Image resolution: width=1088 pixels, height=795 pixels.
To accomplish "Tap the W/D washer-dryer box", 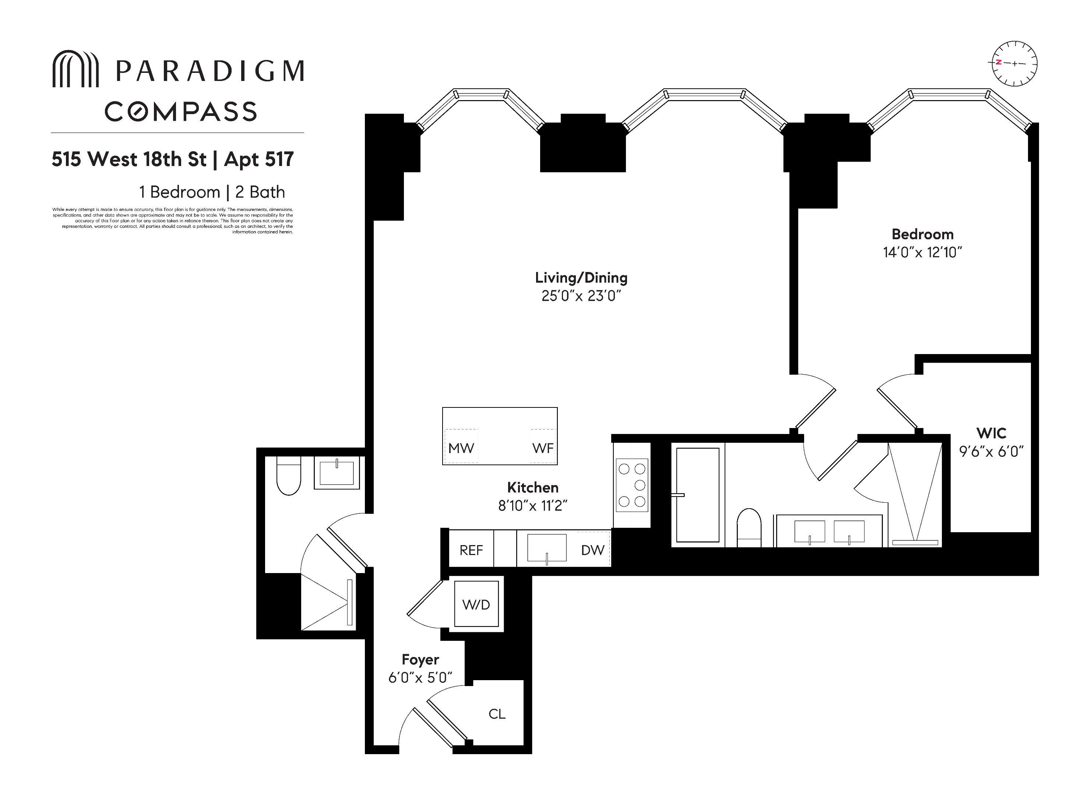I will tap(476, 604).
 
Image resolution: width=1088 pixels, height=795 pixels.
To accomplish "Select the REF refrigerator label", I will tap(471, 550).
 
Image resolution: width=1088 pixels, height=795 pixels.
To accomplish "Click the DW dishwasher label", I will tap(592, 550).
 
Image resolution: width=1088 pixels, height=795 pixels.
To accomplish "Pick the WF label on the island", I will tap(543, 448).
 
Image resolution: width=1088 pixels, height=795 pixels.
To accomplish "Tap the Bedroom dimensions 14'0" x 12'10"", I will tap(922, 252).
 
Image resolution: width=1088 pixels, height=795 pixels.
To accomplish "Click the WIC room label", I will tap(991, 433).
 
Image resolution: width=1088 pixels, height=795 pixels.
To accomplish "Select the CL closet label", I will tap(497, 714).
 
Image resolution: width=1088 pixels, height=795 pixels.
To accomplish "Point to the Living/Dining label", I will tap(581, 278).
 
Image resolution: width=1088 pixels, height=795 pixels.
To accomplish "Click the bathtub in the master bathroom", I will tap(698, 495).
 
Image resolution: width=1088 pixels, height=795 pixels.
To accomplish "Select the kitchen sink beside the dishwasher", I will tap(547, 548).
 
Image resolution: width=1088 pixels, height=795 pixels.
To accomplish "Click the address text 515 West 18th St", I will tap(129, 159).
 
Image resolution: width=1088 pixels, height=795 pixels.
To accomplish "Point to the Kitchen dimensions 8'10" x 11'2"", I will tap(532, 506).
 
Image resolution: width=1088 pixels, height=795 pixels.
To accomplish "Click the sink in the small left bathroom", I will tap(337, 473).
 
